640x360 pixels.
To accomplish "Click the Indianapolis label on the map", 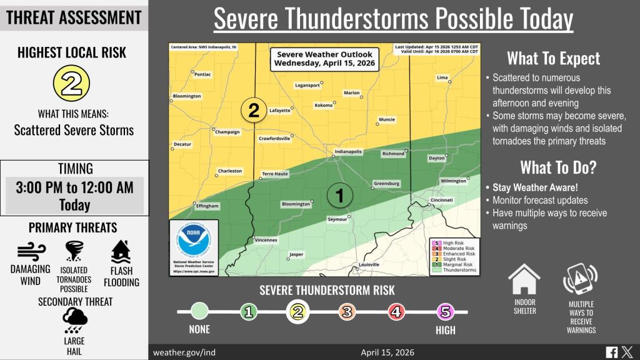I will (x=348, y=152).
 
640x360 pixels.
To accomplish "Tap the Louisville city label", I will (x=369, y=265).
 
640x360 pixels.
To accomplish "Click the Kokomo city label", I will (x=324, y=106).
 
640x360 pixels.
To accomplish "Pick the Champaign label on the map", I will (x=227, y=132).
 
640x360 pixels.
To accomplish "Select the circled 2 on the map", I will (x=253, y=111).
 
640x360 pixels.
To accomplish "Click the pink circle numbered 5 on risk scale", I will (x=445, y=311).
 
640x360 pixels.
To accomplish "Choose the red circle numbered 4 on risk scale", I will (x=396, y=311).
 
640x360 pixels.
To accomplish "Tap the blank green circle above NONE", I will (x=199, y=311).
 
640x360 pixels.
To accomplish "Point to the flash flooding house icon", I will (x=121, y=252).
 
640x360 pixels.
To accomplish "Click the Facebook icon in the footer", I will (x=612, y=352).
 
